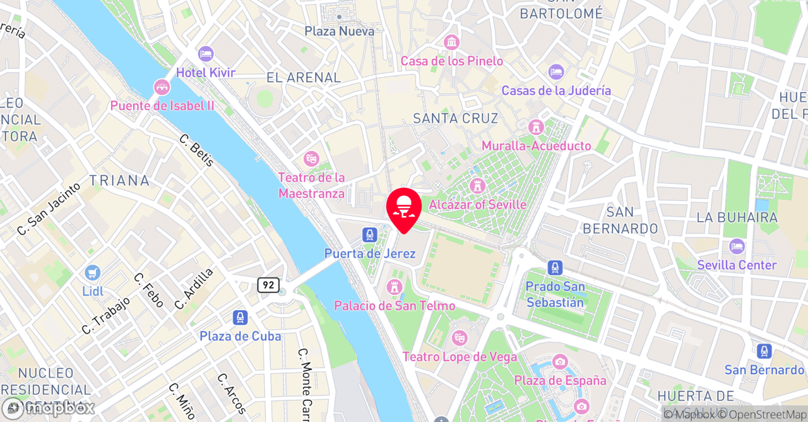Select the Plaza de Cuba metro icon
[240, 318]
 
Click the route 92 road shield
[268, 285]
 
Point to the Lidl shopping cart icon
[93, 273]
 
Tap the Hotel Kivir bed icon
[205, 54]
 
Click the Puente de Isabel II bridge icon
[162, 87]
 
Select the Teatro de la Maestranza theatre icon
[311, 158]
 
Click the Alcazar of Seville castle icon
[477, 186]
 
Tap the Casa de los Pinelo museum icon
[451, 43]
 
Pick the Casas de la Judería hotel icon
[556, 72]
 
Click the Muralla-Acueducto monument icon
[537, 127]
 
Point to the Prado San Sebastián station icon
[555, 268]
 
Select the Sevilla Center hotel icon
[737, 246]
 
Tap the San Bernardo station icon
[764, 351]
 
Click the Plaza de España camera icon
[560, 362]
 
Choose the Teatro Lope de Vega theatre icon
[460, 339]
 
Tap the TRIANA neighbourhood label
[119, 181]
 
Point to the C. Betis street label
[197, 150]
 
